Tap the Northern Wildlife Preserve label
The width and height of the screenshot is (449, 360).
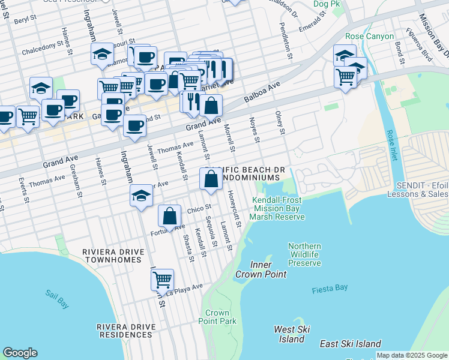coord(304,255)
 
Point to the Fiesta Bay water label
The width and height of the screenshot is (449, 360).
coord(330,289)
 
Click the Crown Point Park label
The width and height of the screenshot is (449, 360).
coord(217,317)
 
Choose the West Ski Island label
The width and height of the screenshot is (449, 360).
coord(292,334)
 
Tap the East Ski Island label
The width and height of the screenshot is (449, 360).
coord(351,344)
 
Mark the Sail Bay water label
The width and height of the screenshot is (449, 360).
coord(57,299)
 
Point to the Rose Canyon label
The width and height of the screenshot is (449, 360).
coord(370,36)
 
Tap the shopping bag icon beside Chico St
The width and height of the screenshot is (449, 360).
coord(170,216)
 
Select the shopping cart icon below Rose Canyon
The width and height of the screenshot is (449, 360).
coord(346,77)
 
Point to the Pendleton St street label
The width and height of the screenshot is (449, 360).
coord(289,41)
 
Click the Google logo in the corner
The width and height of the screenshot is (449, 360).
coord(20,353)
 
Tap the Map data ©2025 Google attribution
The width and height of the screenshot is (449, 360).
coord(412,355)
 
